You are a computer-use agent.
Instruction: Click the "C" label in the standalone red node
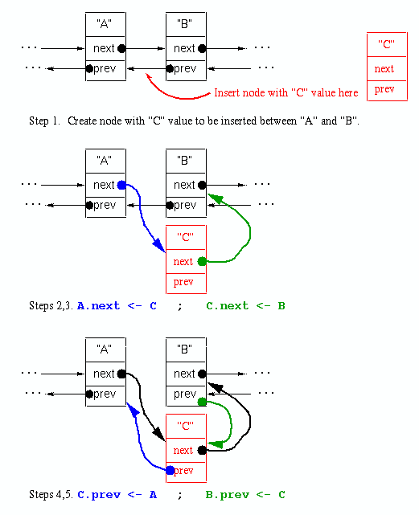[x=386, y=45]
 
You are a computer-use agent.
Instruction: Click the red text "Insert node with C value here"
[x=285, y=93]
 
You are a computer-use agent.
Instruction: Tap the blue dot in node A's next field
[x=121, y=185]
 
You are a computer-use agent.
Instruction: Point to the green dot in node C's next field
[x=202, y=261]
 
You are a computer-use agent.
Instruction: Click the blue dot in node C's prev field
[x=170, y=470]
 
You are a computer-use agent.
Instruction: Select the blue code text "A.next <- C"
[x=117, y=306]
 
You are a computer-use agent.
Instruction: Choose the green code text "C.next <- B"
[x=245, y=306]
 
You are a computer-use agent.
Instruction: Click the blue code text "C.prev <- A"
[x=117, y=495]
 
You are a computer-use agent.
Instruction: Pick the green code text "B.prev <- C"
[x=245, y=495]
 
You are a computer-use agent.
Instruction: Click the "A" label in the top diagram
[x=105, y=23]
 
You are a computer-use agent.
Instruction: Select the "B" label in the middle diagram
[x=185, y=161]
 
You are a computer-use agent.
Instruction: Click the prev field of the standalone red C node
[x=384, y=89]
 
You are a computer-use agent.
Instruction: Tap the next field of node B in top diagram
[x=184, y=48]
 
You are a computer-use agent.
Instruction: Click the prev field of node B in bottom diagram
[x=184, y=394]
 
